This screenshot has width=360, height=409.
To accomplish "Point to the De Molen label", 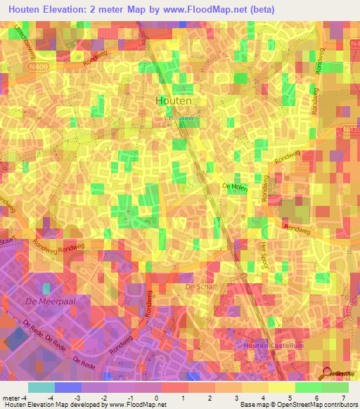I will tap(236, 186).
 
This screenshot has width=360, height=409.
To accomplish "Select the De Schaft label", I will tap(199, 287).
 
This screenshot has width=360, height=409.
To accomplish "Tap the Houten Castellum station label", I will tap(281, 345).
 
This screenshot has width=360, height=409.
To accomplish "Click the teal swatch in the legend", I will tap(41, 387).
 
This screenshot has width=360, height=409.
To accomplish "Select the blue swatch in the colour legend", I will tap(68, 387).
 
